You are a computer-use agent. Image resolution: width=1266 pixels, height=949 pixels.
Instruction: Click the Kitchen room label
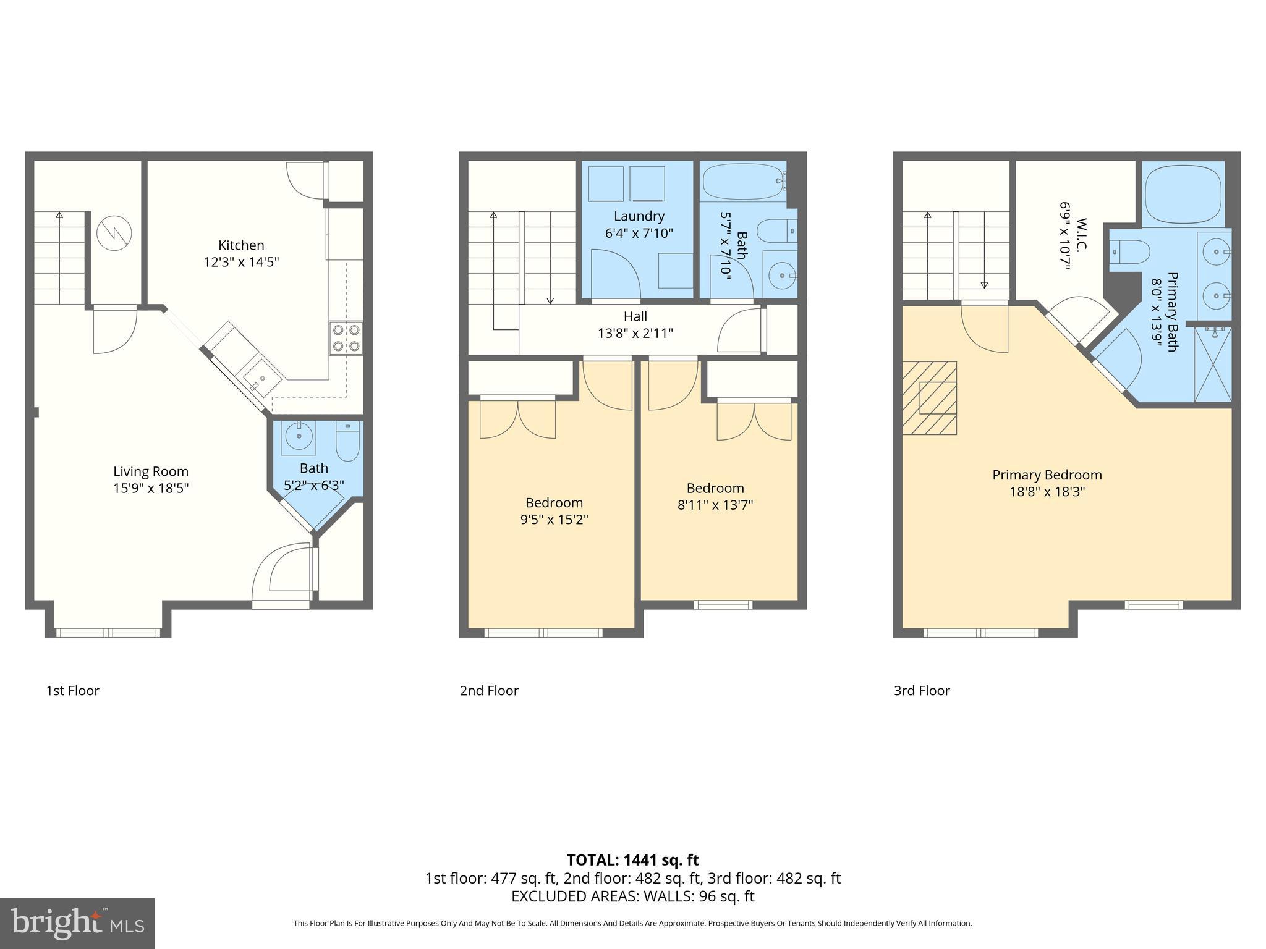coord(241,245)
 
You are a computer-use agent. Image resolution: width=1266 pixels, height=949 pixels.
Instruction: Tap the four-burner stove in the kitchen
coord(346,338)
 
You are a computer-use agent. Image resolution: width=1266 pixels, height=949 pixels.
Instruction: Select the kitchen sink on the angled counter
coord(262,379)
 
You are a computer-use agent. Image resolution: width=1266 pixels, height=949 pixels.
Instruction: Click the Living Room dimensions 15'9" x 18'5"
coord(151,488)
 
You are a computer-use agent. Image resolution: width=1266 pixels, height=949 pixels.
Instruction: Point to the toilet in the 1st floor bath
coord(347,441)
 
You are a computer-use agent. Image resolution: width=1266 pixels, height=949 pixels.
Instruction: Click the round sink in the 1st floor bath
coord(299,436)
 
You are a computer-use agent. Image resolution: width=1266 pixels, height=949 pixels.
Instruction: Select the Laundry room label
coord(639,216)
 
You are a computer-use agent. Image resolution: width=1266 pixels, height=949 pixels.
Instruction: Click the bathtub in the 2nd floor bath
coord(742,180)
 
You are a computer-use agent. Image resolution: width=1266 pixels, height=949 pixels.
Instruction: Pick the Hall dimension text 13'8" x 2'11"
coord(635,333)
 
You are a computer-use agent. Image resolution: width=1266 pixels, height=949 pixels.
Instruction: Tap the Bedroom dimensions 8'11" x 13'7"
coord(715,505)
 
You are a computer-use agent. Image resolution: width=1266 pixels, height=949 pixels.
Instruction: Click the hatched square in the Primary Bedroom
coord(930,398)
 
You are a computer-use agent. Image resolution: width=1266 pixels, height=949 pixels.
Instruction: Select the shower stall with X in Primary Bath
coord(1213,365)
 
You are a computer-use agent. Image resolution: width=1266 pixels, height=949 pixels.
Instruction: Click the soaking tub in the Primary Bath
coord(1183,192)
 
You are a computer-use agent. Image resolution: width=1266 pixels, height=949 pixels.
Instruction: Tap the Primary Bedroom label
coord(1047,475)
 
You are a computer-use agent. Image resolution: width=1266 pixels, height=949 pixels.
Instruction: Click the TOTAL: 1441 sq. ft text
coord(632,860)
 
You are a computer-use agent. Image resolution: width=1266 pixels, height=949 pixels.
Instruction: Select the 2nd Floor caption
coord(488,691)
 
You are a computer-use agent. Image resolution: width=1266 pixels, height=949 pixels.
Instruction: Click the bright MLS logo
coord(77,924)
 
